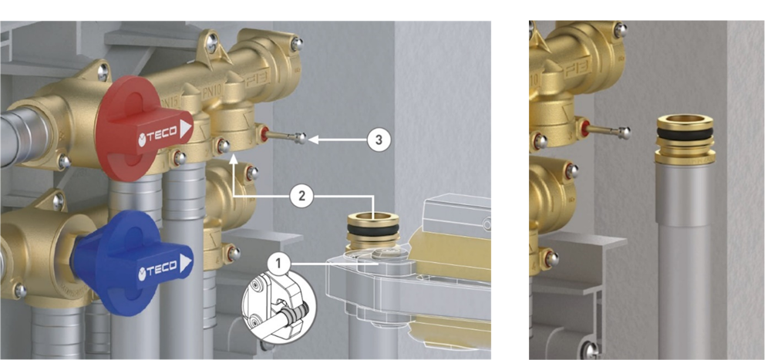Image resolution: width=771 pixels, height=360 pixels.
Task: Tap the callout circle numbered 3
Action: click(x=379, y=140)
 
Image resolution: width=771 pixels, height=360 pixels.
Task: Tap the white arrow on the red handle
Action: click(x=186, y=130)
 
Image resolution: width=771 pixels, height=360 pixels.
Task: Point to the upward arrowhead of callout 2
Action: click(x=234, y=157)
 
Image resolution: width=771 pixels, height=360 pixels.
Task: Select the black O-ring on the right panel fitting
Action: click(x=685, y=134)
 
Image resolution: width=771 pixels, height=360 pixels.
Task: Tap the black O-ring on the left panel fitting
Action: click(x=373, y=230)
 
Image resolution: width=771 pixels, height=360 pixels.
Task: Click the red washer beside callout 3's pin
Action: click(x=265, y=134)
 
